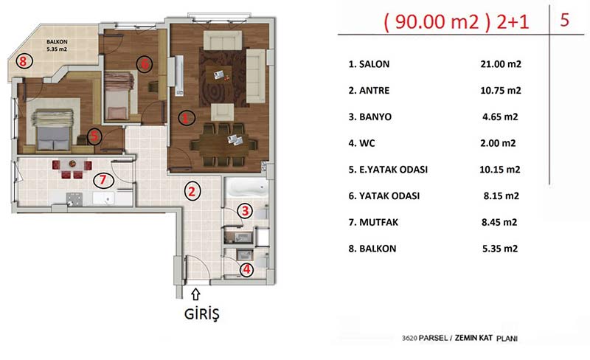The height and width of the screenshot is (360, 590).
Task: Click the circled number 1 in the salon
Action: [x=187, y=118]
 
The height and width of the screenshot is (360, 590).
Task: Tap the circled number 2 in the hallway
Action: [x=192, y=191]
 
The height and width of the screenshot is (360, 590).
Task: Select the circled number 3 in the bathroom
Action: [x=245, y=210]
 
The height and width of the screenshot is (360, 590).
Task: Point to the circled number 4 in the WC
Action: [x=246, y=269]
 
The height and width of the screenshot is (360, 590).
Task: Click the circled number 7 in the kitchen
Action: [x=103, y=180]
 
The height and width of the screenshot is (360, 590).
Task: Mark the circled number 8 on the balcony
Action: [x=24, y=60]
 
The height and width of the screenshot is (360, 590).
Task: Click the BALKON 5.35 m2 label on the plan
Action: [x=57, y=45]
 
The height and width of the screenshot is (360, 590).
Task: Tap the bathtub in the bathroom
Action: [x=246, y=188]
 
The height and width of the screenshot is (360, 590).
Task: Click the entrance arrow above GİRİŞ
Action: [x=195, y=294]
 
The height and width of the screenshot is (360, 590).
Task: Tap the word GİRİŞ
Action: [x=201, y=314]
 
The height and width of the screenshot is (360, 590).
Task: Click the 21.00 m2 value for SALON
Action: [x=501, y=64]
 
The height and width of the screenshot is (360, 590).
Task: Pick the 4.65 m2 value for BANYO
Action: [x=500, y=117]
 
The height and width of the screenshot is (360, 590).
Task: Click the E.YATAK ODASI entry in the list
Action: [x=388, y=170]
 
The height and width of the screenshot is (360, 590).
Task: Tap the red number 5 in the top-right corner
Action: [x=564, y=20]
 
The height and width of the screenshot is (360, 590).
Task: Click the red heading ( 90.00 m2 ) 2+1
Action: [x=457, y=22]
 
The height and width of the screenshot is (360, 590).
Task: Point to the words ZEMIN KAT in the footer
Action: [x=473, y=338]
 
